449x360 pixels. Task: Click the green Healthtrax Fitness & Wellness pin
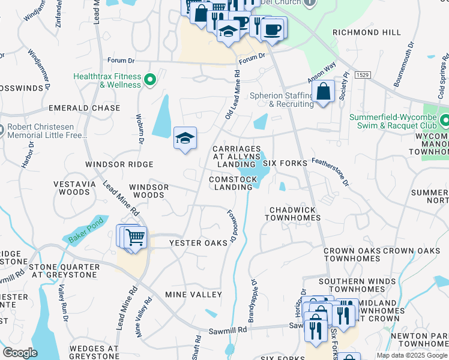point(151,78)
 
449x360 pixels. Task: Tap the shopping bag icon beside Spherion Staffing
point(323,92)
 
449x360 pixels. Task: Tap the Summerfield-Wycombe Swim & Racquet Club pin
point(444,121)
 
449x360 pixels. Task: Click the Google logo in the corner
point(20,353)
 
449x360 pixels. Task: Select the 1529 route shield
point(361,75)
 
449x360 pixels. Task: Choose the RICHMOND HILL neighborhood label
point(366,32)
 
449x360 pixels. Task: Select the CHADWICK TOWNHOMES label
point(294,214)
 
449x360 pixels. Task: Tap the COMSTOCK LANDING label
point(231,183)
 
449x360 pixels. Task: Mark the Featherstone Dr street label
point(330,163)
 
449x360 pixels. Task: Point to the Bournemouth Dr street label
point(403,62)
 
